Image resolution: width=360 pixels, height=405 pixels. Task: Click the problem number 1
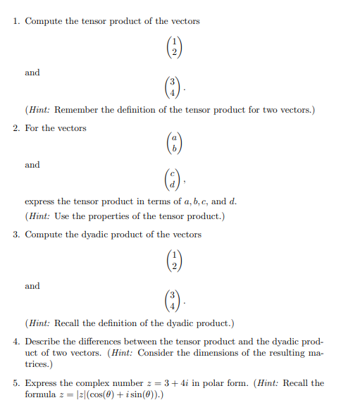pyautogui.click(x=15, y=21)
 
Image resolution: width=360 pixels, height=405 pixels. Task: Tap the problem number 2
pyautogui.click(x=15, y=128)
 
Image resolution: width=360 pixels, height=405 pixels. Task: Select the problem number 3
pyautogui.click(x=15, y=235)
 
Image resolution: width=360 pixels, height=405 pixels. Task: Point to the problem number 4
pyautogui.click(x=15, y=341)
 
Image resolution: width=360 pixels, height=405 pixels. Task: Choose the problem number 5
pyautogui.click(x=15, y=383)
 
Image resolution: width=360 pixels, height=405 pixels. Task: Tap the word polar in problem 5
pyautogui.click(x=207, y=383)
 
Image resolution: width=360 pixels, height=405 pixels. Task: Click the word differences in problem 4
pyautogui.click(x=98, y=341)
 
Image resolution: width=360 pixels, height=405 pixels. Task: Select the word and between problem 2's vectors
pyautogui.click(x=32, y=165)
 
